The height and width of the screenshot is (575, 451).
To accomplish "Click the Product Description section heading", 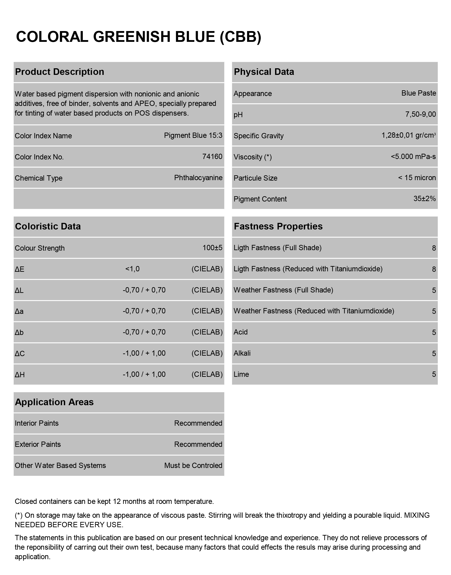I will click(x=59, y=72).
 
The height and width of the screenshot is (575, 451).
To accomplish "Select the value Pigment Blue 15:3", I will click(x=193, y=135).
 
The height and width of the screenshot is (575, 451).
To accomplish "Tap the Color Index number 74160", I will click(x=212, y=157).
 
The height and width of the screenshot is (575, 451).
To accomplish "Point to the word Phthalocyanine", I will click(x=198, y=178).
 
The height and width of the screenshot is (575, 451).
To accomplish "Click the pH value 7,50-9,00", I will click(x=420, y=114).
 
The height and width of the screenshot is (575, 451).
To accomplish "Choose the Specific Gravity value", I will click(x=408, y=135).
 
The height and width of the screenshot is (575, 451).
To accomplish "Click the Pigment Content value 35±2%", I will click(x=424, y=199).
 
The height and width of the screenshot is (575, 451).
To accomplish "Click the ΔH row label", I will click(x=20, y=375).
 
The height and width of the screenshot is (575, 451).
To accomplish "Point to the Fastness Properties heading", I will click(x=278, y=226).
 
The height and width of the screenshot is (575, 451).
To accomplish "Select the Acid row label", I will click(x=240, y=332).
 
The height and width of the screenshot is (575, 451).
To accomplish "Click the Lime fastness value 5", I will click(x=434, y=374).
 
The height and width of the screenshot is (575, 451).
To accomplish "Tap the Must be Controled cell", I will click(x=193, y=465).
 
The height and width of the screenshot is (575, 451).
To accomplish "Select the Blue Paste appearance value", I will click(x=419, y=93).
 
